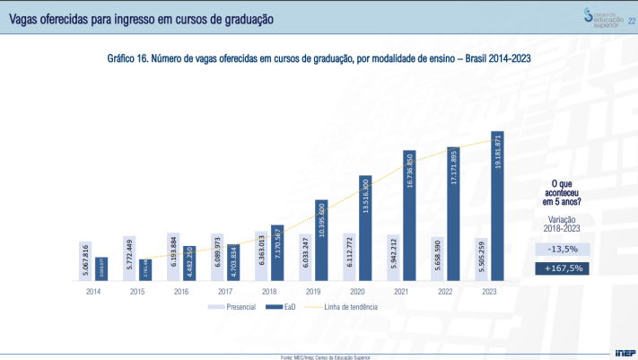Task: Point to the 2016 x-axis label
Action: tap(181, 291)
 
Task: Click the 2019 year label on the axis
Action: tap(313, 291)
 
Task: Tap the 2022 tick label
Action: tap(445, 291)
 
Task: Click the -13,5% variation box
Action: tap(561, 249)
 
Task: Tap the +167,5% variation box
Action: tap(561, 268)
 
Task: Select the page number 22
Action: tap(632, 9)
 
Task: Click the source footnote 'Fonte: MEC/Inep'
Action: tap(325, 356)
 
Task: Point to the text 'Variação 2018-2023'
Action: tap(561, 224)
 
